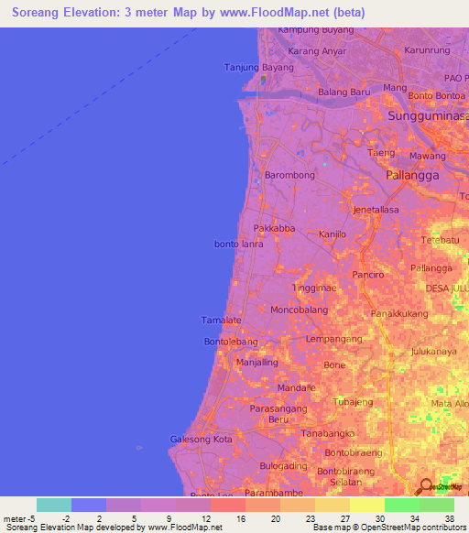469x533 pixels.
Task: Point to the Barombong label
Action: point(289,175)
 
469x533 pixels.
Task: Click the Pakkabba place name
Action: point(273,228)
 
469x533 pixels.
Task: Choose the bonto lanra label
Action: point(238,245)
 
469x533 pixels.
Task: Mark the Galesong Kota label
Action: point(202,440)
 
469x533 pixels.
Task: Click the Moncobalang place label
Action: point(300,310)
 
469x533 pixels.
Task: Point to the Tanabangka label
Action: point(327,432)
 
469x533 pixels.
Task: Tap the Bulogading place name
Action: point(284,466)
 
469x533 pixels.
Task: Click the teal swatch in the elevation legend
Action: point(54,505)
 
